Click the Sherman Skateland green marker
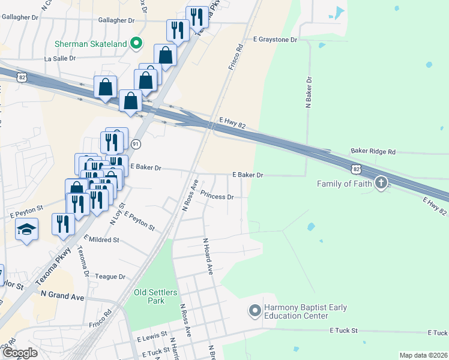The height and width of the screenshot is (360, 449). (136, 43)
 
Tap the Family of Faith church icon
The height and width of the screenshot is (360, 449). (381, 184)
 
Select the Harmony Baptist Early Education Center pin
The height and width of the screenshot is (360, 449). (255, 311)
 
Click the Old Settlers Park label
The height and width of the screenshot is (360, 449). (155, 296)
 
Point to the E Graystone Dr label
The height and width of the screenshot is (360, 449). (275, 40)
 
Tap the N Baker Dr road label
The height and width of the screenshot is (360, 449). (309, 92)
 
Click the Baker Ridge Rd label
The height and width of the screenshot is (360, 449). (373, 152)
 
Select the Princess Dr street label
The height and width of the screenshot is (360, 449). (217, 196)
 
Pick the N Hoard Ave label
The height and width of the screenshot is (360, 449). (208, 257)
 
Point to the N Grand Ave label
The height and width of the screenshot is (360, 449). (62, 296)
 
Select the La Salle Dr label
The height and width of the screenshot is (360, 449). (60, 59)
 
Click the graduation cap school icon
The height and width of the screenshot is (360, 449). (26, 229)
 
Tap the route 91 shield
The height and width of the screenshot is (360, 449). (136, 144)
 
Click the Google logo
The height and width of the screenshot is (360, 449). (20, 352)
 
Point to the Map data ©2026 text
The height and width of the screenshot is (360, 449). (423, 355)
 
